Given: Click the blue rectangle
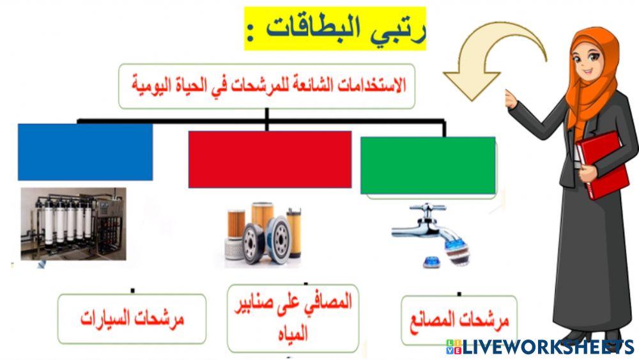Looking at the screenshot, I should tap(85, 152).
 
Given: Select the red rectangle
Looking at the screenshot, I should tap(270, 159).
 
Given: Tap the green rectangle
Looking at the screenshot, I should tap(427, 165).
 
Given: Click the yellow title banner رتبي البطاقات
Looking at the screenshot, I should tap(335, 29).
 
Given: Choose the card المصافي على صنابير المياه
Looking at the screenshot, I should tap(293, 318).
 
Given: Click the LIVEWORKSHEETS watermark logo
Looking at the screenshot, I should tap(540, 347).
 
